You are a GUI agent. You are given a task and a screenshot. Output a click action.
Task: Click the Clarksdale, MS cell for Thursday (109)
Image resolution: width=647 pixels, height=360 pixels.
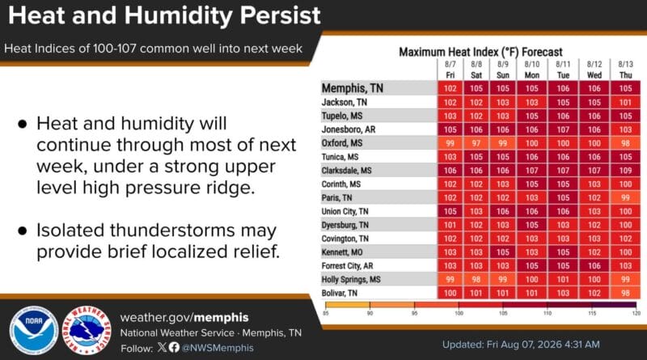[x=625, y=171]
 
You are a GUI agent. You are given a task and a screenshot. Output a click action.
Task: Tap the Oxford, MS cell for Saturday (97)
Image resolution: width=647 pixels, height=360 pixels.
[x=476, y=143]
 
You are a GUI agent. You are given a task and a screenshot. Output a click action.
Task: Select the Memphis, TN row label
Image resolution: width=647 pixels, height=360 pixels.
[x=353, y=88]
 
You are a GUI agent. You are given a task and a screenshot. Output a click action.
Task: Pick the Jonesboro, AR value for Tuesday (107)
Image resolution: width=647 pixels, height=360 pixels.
[x=563, y=129]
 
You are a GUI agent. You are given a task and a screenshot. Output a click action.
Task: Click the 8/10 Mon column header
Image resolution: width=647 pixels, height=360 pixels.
[x=532, y=70]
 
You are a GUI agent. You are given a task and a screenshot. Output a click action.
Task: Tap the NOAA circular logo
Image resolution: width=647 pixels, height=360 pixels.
[x=34, y=330]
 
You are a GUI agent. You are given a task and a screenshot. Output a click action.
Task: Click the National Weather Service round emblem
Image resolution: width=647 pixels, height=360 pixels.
[x=87, y=330]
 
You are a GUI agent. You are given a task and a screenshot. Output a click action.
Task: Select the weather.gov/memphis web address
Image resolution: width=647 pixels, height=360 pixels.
[x=184, y=317]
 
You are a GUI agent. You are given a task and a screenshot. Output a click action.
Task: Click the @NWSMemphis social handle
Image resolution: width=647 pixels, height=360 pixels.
[x=218, y=348]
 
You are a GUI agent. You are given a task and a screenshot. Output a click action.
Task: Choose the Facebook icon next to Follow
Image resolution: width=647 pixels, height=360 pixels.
[x=174, y=347]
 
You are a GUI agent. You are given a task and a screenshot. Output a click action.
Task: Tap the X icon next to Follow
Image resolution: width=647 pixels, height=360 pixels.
[x=163, y=347]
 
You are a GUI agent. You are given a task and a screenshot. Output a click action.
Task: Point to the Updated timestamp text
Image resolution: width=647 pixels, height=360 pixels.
[x=521, y=345]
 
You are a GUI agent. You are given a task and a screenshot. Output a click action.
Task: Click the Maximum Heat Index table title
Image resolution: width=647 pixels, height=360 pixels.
[x=480, y=52]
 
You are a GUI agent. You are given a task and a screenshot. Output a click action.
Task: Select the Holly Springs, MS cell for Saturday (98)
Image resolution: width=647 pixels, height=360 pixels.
[x=476, y=279]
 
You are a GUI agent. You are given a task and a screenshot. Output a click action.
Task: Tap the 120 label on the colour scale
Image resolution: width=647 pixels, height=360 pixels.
[x=636, y=313]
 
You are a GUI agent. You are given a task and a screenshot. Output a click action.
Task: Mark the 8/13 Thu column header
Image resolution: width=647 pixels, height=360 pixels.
[x=625, y=70]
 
